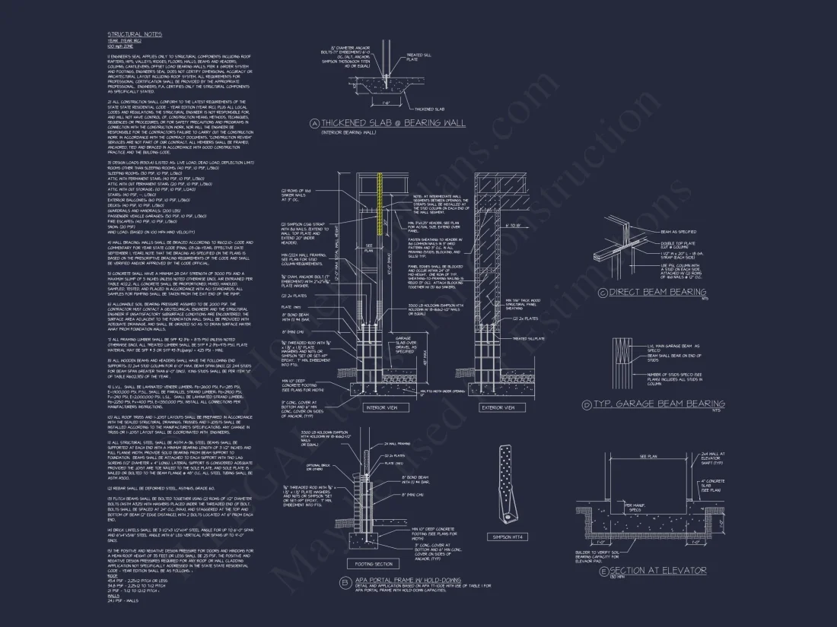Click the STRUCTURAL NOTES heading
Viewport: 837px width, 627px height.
tap(135, 34)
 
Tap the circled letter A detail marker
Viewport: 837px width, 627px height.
tap(313, 123)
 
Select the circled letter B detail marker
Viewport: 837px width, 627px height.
tap(345, 583)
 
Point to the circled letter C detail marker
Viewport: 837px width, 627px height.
tap(603, 292)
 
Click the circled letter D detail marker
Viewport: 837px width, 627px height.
tap(587, 405)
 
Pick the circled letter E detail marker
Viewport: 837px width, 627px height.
tap(604, 570)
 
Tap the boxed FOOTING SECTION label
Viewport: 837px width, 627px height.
tap(373, 564)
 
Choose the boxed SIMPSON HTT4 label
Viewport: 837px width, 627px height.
tap(508, 537)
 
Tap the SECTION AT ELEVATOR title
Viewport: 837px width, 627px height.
tap(658, 570)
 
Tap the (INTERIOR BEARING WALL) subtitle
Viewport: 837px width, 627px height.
tap(348, 133)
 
